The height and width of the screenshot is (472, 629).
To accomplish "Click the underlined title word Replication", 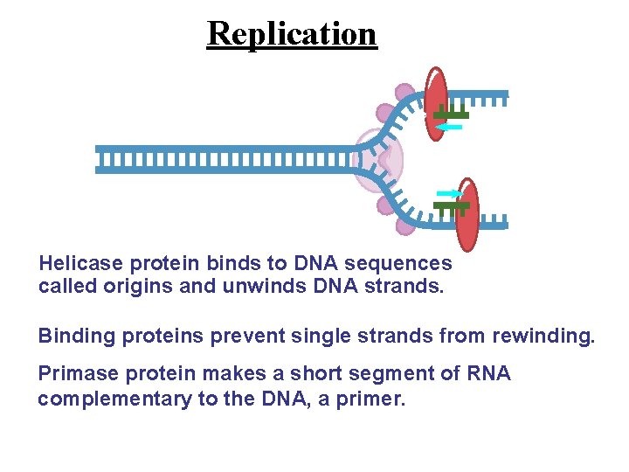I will [x=292, y=33].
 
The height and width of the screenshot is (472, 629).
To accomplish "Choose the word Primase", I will [x=74, y=375].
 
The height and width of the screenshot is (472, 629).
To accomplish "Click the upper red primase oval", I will [x=435, y=103].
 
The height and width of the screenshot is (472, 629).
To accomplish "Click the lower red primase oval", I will [x=468, y=215].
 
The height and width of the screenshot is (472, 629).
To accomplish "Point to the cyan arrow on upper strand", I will [x=449, y=128].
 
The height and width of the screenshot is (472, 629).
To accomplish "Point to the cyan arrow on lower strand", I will [x=448, y=193].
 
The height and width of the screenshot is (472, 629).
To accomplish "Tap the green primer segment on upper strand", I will [x=451, y=115].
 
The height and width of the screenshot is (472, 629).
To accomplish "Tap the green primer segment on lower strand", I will [x=451, y=206].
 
